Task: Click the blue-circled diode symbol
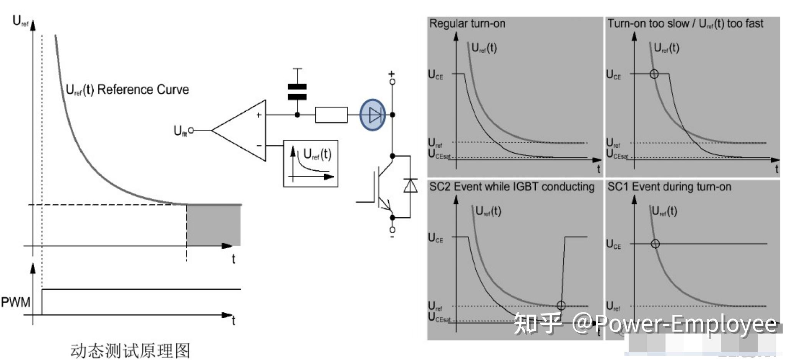click(x=373, y=115)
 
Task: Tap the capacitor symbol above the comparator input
click(x=297, y=92)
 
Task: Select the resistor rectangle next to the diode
click(x=331, y=115)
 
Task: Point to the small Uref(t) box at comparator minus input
click(x=311, y=163)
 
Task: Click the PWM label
click(x=15, y=302)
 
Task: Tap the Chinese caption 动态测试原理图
click(x=130, y=350)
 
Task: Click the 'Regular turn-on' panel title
click(x=467, y=24)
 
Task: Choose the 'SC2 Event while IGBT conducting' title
click(x=512, y=187)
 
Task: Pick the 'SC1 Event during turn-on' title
click(x=669, y=187)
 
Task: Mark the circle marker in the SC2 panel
click(x=561, y=306)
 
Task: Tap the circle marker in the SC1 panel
click(x=656, y=244)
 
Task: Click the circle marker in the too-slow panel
click(x=654, y=74)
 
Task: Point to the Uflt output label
click(x=180, y=131)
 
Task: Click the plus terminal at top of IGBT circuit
click(x=392, y=81)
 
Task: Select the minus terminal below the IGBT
click(x=392, y=230)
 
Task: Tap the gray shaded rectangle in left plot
click(x=214, y=225)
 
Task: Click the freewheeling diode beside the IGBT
click(x=411, y=186)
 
